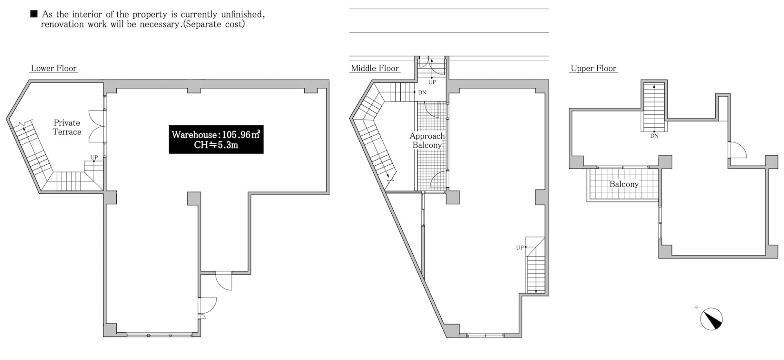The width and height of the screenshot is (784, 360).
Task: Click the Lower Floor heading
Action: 54,69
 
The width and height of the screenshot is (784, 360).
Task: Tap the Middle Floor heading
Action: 375,69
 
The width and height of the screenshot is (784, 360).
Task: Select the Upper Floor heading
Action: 593,69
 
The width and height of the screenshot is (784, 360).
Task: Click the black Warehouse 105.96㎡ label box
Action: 216,140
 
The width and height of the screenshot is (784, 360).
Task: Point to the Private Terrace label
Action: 67,127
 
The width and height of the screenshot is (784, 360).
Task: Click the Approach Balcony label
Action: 427,140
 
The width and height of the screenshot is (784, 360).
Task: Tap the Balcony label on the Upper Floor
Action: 624,184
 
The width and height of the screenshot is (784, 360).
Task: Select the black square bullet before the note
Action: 34,14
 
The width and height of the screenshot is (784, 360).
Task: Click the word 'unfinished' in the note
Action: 243,14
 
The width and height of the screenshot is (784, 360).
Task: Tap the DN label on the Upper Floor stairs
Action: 654,136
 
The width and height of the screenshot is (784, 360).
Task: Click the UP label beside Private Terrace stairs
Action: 94,157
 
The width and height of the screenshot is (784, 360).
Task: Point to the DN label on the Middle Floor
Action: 422,93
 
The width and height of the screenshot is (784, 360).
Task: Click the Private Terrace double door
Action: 96,127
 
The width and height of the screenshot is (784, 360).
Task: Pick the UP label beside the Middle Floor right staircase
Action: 519,248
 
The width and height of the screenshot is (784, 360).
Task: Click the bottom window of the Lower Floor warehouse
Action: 159,335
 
